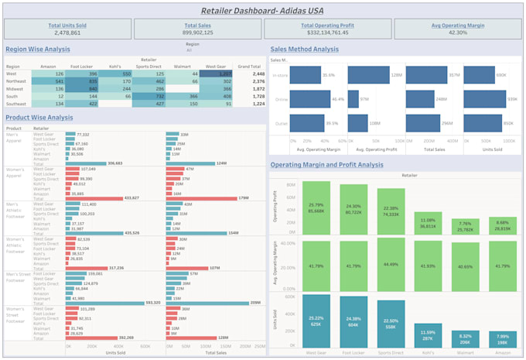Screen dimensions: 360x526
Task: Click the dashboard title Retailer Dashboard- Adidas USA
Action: tap(262, 10)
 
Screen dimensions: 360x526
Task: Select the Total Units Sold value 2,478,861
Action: tap(67, 33)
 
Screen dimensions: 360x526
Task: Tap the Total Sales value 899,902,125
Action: tap(197, 33)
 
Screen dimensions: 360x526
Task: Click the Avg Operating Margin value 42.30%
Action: tap(458, 33)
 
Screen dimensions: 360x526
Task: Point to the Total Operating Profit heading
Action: tap(327, 25)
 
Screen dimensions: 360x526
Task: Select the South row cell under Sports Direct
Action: tap(149, 96)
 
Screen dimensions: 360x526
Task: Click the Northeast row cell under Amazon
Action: tap(49, 81)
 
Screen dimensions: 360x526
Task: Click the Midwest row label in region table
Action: tap(15, 88)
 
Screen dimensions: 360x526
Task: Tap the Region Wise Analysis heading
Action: tap(37, 49)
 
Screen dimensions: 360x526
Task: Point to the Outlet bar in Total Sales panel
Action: tap(429, 122)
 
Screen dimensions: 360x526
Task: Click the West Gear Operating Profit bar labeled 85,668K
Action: tap(316, 208)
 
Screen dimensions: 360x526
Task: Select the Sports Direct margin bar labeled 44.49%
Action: tap(391, 264)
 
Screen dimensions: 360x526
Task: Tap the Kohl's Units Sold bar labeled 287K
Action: tap(429, 335)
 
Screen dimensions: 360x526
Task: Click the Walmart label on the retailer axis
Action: tap(466, 352)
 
